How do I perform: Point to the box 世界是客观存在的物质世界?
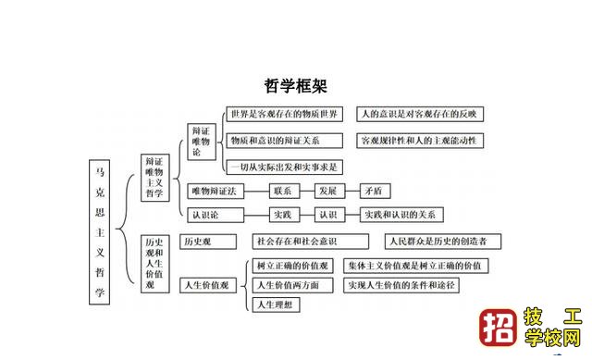[x=285, y=114]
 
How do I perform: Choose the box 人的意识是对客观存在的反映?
[x=420, y=114]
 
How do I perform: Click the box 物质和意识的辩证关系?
[x=275, y=141]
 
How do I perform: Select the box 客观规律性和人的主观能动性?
[x=420, y=141]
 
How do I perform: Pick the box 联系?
[x=282, y=192]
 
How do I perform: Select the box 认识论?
[x=203, y=215]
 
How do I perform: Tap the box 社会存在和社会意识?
[x=295, y=242]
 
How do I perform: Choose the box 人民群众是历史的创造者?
[x=443, y=242]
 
